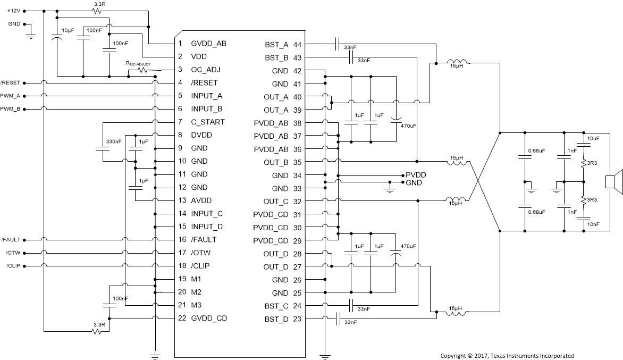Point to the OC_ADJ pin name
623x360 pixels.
click(x=206, y=70)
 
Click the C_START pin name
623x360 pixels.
click(x=208, y=122)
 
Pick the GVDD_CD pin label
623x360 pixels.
click(x=209, y=319)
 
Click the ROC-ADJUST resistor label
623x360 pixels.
click(x=138, y=63)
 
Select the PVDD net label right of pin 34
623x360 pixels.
click(x=416, y=174)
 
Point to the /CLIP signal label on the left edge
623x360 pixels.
click(x=13, y=266)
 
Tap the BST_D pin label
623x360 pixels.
click(x=276, y=319)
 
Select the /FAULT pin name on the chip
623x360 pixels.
click(x=204, y=240)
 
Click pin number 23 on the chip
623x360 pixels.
click(x=297, y=319)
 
